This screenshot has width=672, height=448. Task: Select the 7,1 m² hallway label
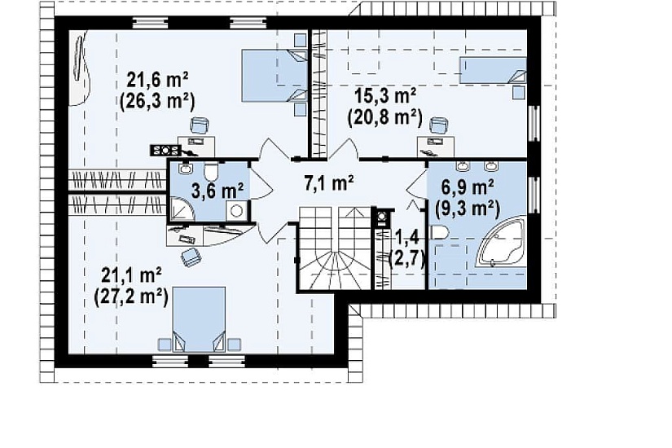(x=329, y=183)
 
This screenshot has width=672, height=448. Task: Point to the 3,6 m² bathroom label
(x=217, y=191)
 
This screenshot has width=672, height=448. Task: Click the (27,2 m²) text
(x=130, y=296)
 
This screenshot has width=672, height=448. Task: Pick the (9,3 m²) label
(x=468, y=209)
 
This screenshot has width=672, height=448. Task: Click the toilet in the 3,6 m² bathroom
(x=210, y=172)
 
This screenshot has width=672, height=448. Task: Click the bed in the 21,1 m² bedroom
(x=199, y=320)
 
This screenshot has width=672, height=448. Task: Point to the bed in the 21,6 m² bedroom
(x=275, y=76)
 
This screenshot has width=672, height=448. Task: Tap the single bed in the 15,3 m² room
(x=493, y=70)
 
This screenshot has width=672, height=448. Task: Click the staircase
(x=334, y=248)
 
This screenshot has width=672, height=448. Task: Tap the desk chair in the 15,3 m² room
(x=439, y=126)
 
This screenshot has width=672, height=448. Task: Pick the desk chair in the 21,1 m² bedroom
(x=191, y=257)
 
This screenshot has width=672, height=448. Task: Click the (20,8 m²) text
(x=385, y=116)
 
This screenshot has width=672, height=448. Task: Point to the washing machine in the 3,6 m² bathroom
(x=237, y=210)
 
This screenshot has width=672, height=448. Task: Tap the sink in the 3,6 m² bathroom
(x=185, y=169)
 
